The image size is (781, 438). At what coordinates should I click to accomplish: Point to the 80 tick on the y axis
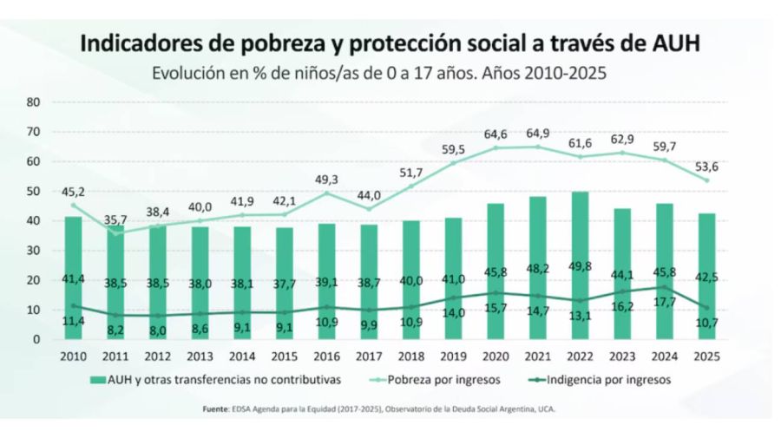tap(35, 101)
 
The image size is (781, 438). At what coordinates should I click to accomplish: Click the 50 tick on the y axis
tap(35, 191)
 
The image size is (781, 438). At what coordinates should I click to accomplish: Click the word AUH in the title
tap(674, 42)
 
